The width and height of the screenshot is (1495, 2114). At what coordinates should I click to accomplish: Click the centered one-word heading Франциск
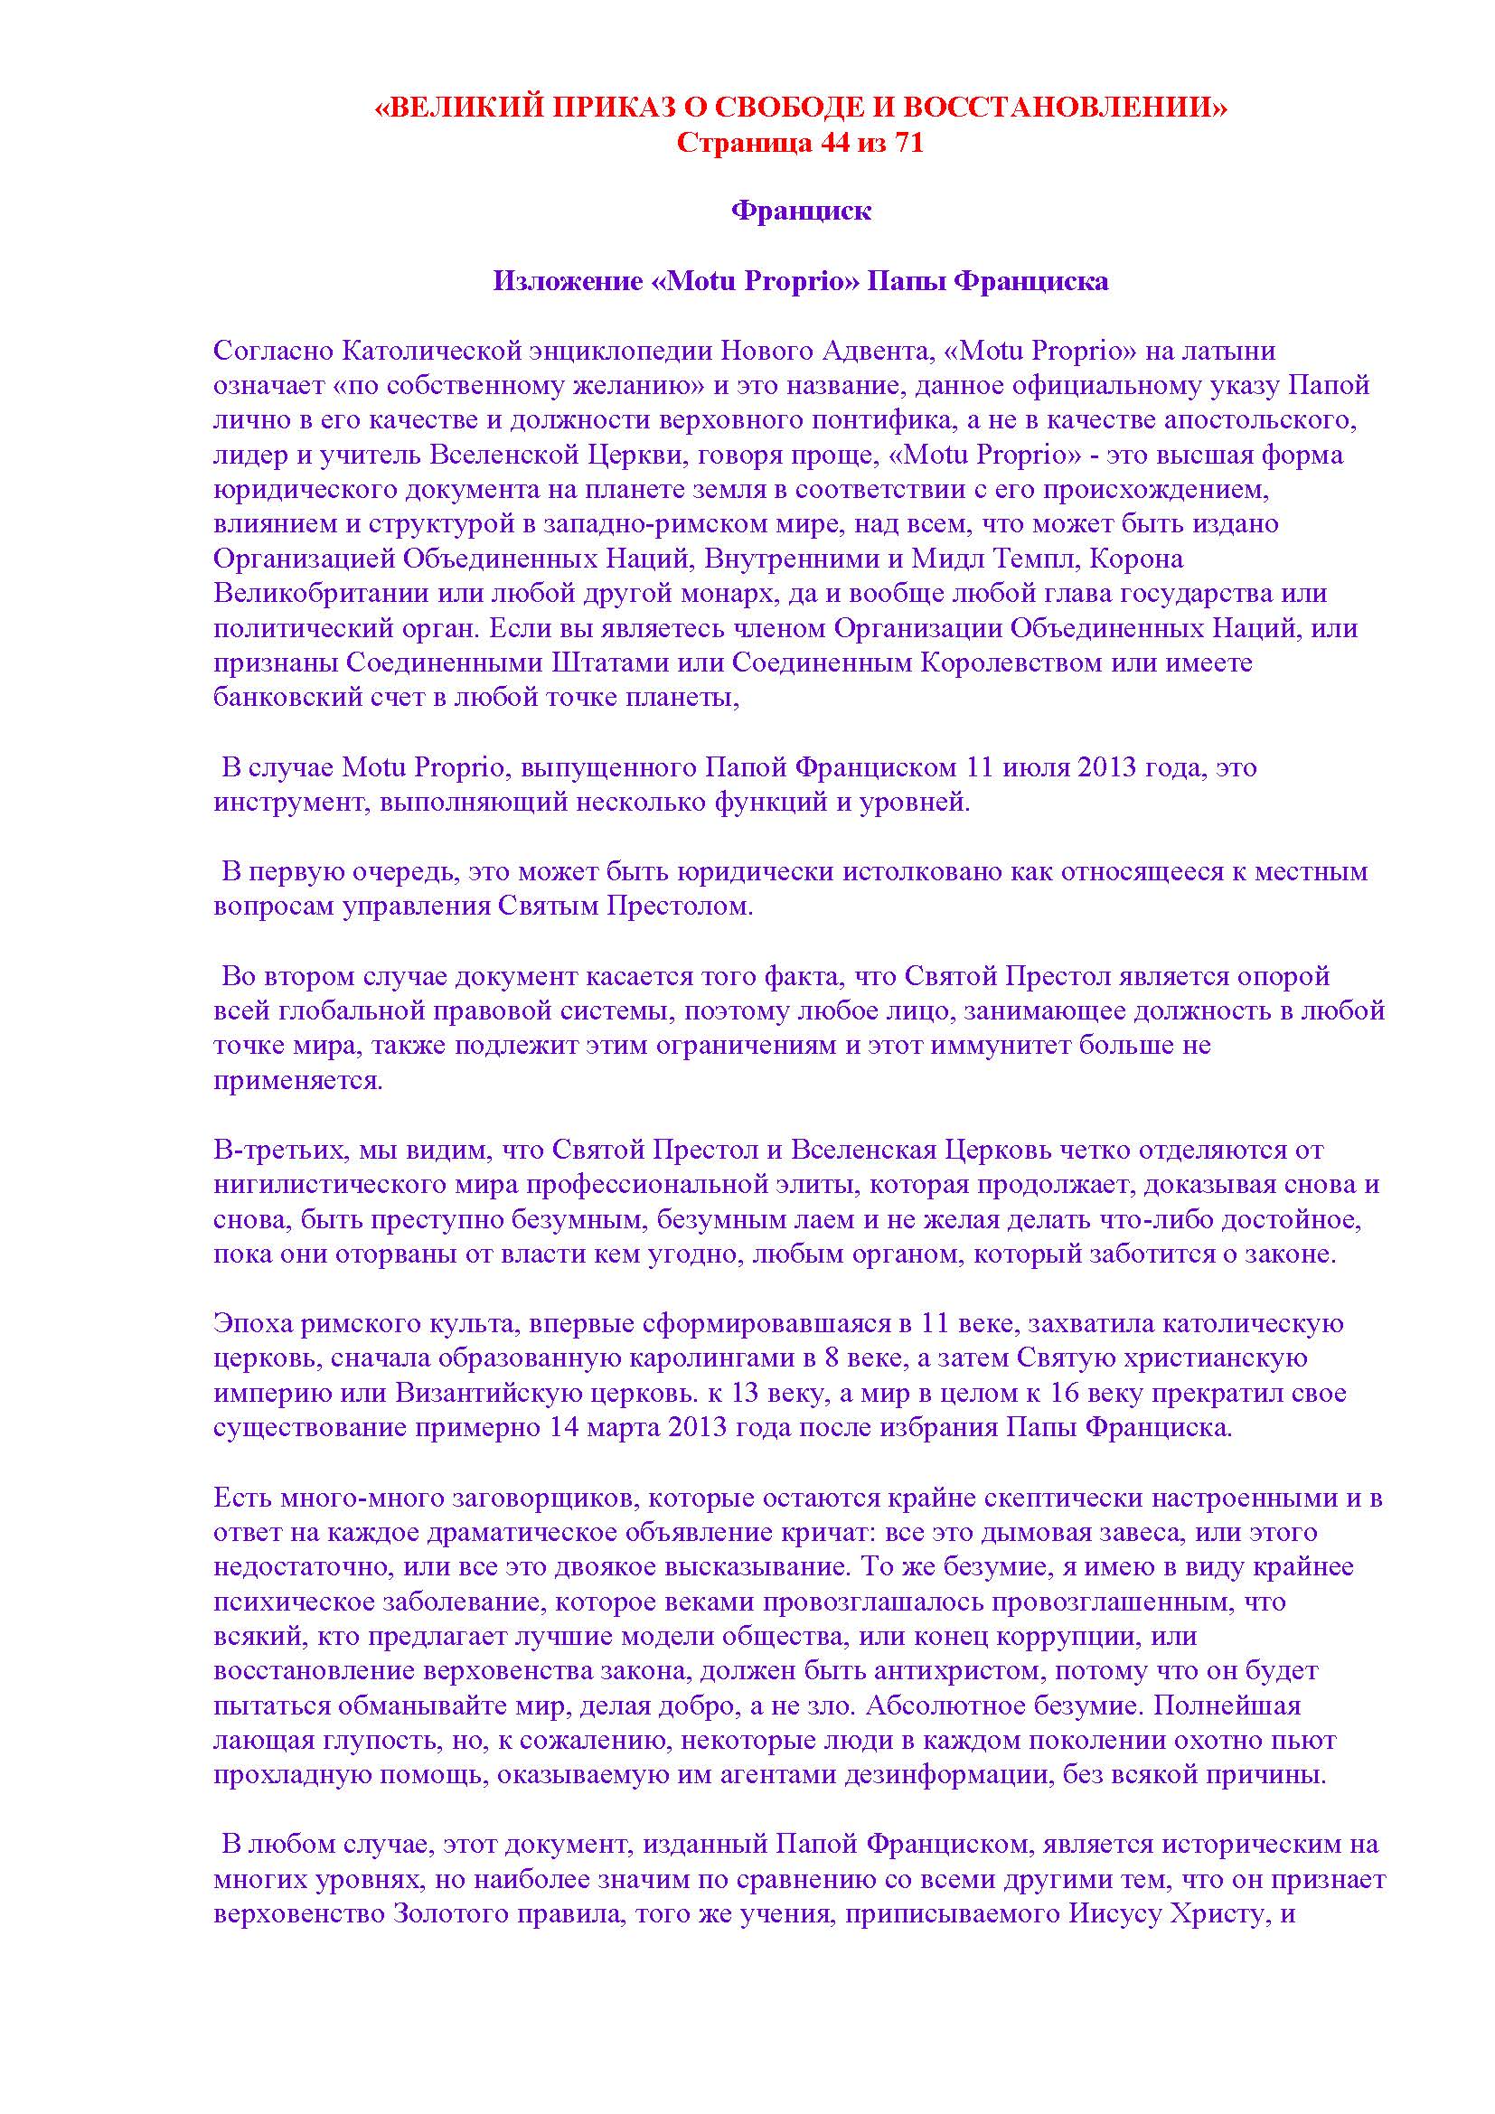pyautogui.click(x=801, y=211)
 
